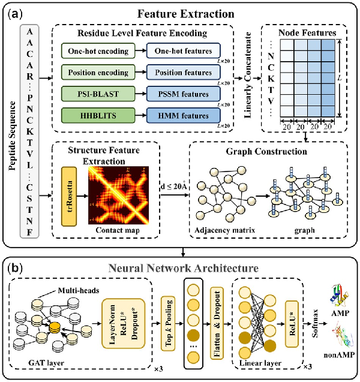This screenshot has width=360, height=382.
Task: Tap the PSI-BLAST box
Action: tap(98, 94)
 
